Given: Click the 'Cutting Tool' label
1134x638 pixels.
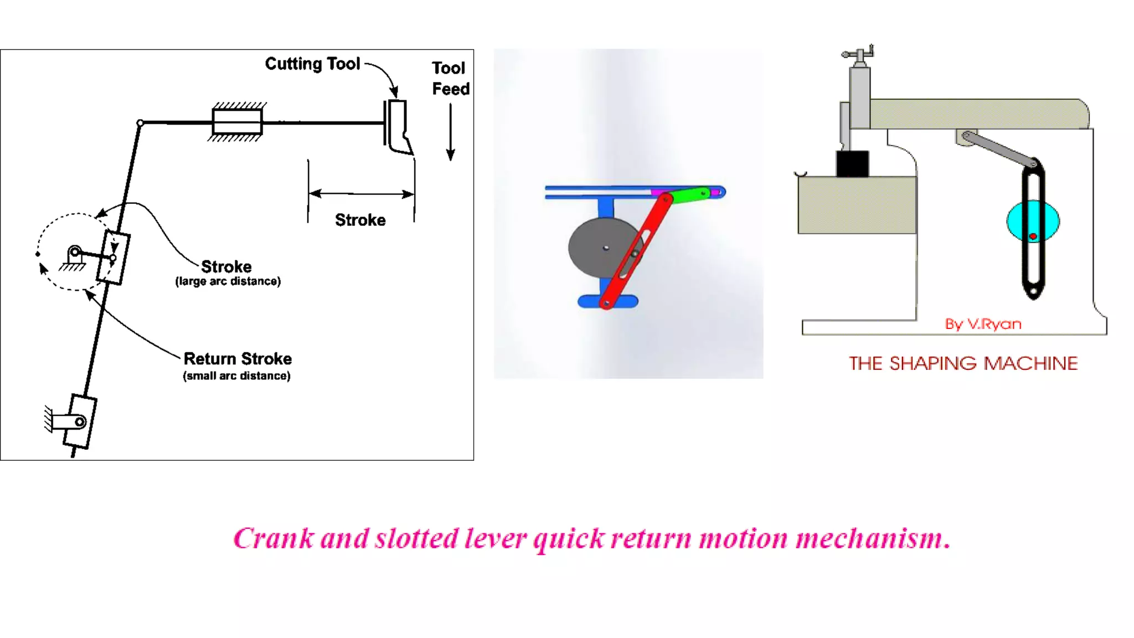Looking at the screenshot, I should tap(312, 64).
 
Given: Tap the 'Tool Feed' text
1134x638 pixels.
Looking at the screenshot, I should tap(450, 78).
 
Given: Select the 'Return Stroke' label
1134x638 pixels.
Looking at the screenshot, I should tap(238, 359).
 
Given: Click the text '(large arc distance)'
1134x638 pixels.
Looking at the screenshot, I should tap(228, 281).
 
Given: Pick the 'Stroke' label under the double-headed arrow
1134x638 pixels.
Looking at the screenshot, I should tap(360, 220).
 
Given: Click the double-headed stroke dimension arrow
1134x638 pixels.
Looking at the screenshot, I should tap(361, 194).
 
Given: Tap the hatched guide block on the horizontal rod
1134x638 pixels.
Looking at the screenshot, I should tap(237, 122).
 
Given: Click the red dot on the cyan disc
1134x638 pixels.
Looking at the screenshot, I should tap(1033, 236).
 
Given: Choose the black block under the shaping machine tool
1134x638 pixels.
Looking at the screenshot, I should tap(852, 163).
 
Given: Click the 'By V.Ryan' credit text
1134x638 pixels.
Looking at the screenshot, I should tap(983, 324).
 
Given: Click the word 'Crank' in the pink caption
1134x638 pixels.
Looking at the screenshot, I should tap(274, 538).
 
